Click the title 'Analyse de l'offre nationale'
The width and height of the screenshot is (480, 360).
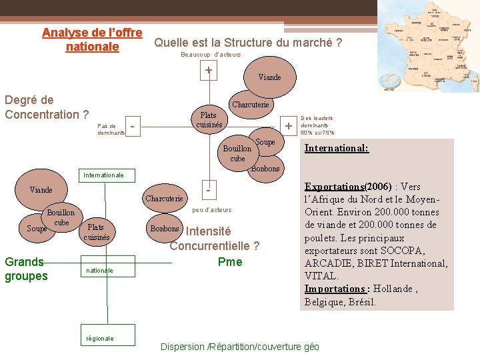(x=92, y=40)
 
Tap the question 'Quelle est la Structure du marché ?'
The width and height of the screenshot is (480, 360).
(x=248, y=43)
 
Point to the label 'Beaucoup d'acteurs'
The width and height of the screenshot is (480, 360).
(x=211, y=55)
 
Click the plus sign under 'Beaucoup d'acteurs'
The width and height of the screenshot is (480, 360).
(x=209, y=70)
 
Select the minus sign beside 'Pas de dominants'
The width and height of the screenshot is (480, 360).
(x=134, y=125)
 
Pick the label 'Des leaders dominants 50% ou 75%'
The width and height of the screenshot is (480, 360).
(x=317, y=125)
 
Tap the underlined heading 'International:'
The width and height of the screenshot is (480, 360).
(x=336, y=148)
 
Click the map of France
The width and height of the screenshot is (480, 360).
(x=427, y=46)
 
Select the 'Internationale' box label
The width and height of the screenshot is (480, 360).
(x=103, y=175)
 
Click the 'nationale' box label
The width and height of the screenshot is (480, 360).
(x=99, y=270)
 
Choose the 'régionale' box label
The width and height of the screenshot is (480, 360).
(x=100, y=338)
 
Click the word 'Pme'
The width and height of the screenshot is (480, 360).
(x=230, y=261)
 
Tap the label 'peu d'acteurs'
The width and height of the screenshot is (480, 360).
(x=211, y=209)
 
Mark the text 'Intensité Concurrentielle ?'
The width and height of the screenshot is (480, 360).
(x=214, y=239)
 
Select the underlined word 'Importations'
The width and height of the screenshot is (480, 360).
(x=333, y=289)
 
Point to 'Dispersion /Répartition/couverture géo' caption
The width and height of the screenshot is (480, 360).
(x=240, y=347)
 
